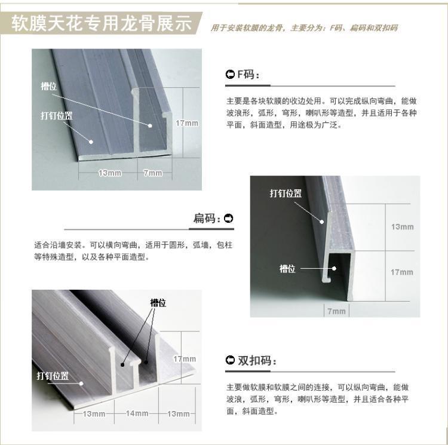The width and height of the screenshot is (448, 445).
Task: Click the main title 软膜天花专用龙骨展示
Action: point(102,23)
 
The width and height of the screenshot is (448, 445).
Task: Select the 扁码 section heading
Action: point(207,219)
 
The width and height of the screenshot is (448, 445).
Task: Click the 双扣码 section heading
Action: point(257,360)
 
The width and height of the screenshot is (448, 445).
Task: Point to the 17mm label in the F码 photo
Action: point(187,123)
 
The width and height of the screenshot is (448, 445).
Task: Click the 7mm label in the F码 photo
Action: point(153,173)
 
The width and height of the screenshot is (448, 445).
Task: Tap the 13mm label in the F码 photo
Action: point(110,173)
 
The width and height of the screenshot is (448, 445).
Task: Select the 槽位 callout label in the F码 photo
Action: point(49,86)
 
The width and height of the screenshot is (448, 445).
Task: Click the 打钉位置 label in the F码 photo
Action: point(57,116)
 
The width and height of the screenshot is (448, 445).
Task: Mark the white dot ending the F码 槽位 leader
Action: point(150,125)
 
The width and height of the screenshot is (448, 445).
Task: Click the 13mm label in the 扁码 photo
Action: point(402,227)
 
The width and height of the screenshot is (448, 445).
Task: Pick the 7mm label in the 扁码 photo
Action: point(336,311)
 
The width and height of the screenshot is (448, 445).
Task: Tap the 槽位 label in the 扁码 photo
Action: point(287,269)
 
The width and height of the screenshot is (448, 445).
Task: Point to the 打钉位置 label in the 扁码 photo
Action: point(286,194)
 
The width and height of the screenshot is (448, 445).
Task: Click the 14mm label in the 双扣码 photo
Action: point(137,413)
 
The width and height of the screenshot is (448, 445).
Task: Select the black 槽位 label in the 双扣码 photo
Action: point(158,303)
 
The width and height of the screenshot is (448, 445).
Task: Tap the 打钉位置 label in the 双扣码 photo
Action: point(53,376)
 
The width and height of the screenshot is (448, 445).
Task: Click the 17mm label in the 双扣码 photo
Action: point(185,359)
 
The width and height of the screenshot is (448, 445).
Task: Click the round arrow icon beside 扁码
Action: point(229,219)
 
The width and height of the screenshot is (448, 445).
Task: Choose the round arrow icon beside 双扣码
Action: point(230,360)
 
